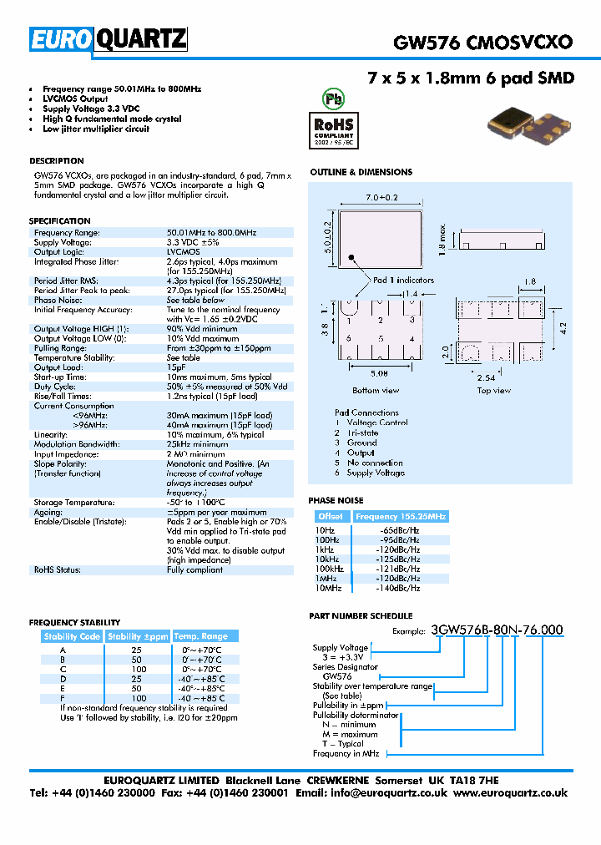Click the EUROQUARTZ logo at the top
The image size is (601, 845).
(109, 39)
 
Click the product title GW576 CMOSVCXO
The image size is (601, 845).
(482, 42)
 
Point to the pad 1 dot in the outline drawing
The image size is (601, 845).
(351, 259)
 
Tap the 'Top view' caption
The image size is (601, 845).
(494, 390)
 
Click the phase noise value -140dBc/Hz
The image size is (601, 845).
(399, 588)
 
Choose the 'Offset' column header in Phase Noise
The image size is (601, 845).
(330, 517)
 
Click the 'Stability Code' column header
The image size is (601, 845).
(73, 636)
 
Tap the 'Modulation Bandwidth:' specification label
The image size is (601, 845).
(76, 444)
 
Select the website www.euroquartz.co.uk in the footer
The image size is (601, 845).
(510, 793)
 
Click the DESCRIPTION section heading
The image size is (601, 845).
(57, 160)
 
